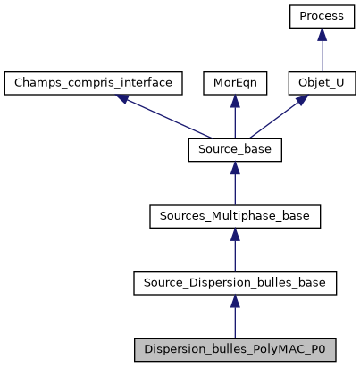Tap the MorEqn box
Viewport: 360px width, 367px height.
234,83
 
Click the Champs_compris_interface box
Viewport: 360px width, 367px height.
94,83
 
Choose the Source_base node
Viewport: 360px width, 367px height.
234,150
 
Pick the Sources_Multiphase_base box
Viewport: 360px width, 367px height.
234,217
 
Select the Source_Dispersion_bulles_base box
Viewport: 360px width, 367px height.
234,283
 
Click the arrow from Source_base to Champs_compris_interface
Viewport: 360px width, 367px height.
165,117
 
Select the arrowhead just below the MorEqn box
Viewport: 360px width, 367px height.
234,101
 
